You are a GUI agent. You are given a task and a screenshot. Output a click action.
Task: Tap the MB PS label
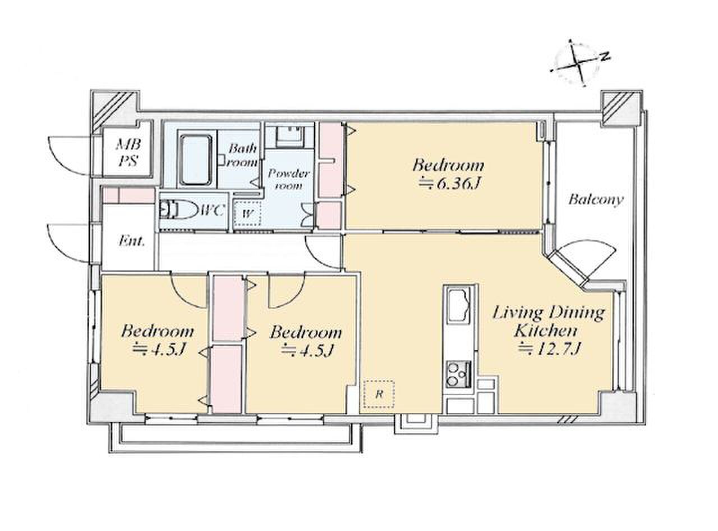coord(128,152)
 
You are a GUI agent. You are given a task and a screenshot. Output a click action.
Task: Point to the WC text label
coord(213,211)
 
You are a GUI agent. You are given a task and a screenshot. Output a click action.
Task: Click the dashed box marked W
coord(247,213)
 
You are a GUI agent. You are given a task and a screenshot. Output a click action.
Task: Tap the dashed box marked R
coord(379,394)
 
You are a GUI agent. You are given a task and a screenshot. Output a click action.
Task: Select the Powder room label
coord(288,179)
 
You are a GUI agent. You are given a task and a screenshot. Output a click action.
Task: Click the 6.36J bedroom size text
coord(448,184)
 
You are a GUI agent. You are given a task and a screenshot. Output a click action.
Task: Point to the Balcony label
coord(596,199)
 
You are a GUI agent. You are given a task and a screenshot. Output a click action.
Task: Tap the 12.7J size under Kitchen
coord(549,349)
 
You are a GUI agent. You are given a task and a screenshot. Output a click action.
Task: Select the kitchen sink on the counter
coord(459,306)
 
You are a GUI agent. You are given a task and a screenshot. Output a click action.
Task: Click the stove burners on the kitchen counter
coord(458,374)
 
